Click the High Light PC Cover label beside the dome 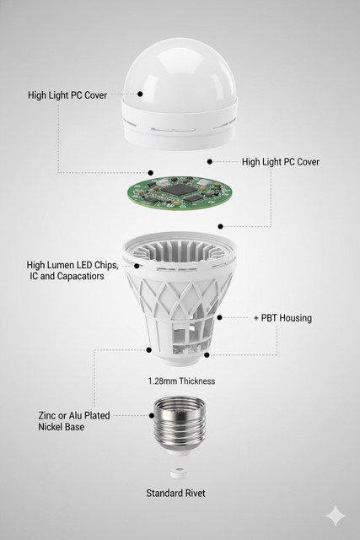[67, 95]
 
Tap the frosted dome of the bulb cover [180, 74]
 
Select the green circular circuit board [179, 192]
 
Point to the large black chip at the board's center [179, 189]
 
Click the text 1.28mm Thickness [182, 381]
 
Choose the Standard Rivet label [175, 493]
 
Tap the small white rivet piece [180, 472]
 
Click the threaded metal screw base [180, 424]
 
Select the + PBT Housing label [283, 318]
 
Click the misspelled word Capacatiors [81, 276]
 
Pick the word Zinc [47, 415]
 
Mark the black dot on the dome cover [140, 94]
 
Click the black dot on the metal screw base [152, 416]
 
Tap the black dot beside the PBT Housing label [219, 317]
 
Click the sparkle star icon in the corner [336, 516]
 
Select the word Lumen [61, 265]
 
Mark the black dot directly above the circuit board [150, 172]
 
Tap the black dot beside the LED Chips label [137, 266]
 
